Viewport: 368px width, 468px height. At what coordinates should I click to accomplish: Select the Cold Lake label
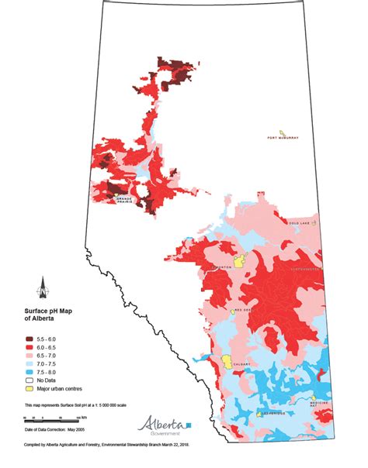300,222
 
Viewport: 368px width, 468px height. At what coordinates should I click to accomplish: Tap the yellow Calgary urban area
227,361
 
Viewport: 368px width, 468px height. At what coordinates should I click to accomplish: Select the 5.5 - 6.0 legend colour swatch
29,339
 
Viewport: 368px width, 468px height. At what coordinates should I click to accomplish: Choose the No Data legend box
29,380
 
